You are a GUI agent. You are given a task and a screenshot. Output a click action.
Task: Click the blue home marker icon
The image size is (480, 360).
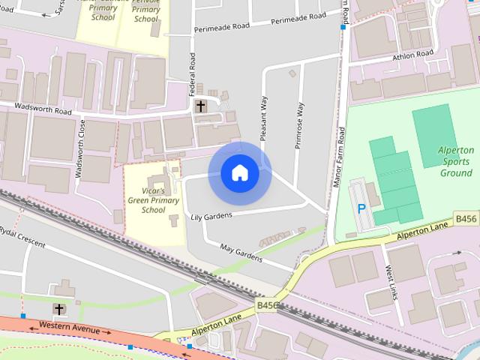pyautogui.click(x=240, y=173)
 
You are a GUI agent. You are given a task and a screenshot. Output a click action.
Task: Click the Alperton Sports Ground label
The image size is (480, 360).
pyautogui.click(x=456, y=161)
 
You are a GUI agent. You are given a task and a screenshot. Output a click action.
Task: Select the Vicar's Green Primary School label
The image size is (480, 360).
pyautogui.click(x=154, y=200)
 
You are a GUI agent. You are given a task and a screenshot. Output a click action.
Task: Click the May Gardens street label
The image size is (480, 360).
pyautogui.click(x=241, y=253)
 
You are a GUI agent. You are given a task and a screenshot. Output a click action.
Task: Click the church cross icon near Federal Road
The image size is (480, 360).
pyautogui.click(x=200, y=106)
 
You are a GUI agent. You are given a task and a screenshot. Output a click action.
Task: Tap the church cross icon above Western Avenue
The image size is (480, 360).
pyautogui.click(x=58, y=309)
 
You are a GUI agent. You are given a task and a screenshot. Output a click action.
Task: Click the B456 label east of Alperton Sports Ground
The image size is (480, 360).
pyautogui.click(x=465, y=219)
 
